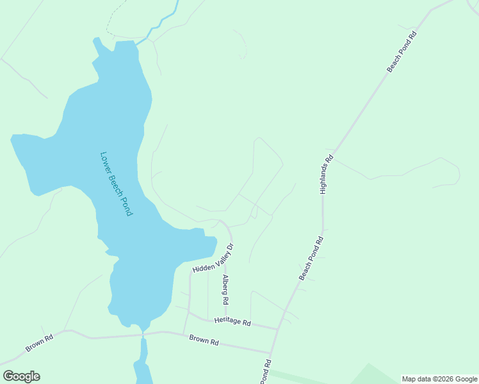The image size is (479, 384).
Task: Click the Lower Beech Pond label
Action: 117,184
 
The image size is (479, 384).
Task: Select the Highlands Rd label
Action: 327,174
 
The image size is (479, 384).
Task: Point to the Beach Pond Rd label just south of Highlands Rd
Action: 312,258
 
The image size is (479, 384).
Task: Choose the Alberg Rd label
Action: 225,289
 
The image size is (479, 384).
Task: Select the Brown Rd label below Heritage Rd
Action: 204,340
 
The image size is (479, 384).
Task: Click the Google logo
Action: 21,376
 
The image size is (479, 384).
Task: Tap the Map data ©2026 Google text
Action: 439,380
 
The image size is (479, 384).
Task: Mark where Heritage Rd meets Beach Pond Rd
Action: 278,329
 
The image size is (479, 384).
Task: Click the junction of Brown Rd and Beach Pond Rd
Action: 271,352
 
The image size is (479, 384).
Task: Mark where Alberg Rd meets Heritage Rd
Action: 225,319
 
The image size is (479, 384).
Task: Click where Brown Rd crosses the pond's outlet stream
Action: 143,333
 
